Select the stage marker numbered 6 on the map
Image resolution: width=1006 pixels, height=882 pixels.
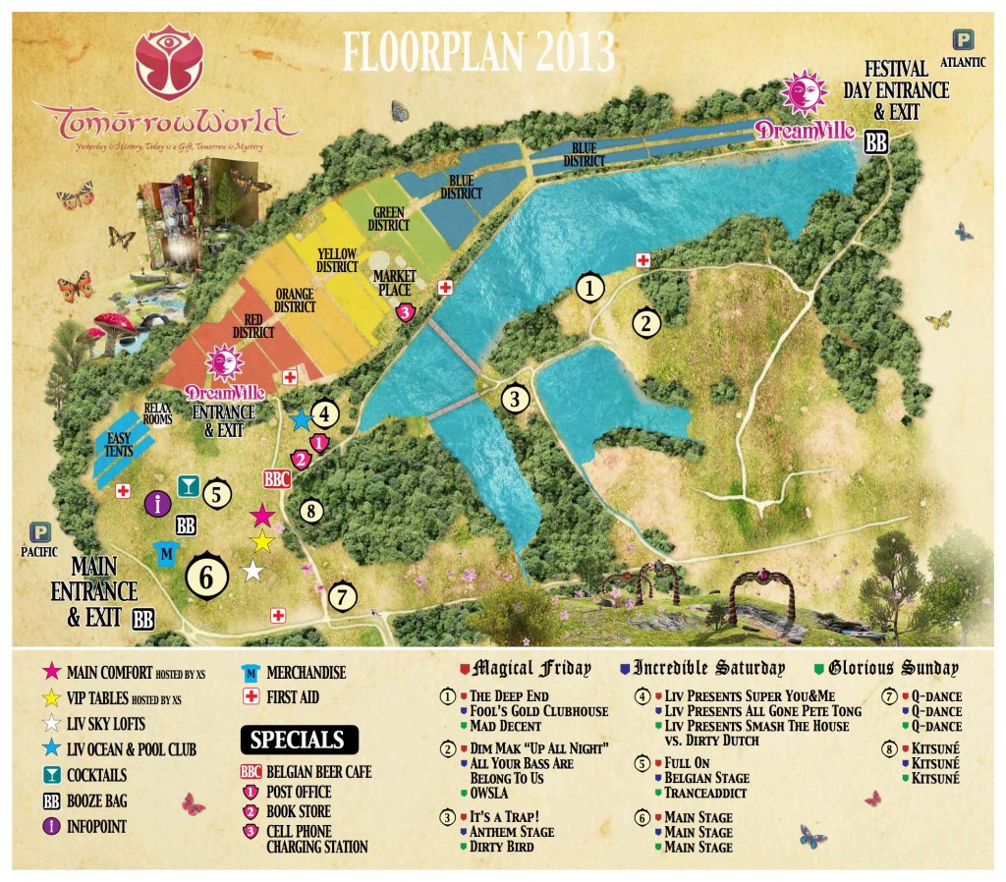[x=206, y=577]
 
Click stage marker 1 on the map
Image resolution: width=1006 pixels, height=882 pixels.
[x=589, y=288]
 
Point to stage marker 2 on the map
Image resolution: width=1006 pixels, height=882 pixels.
[x=646, y=321]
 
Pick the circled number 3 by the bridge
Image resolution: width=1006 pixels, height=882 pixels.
[x=514, y=398]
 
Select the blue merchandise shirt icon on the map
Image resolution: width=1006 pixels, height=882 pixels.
[x=166, y=553]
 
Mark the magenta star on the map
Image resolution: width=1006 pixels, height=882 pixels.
[x=261, y=515]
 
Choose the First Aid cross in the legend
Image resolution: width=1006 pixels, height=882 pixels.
[x=250, y=697]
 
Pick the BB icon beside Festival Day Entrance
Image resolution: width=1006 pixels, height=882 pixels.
[x=876, y=141]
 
